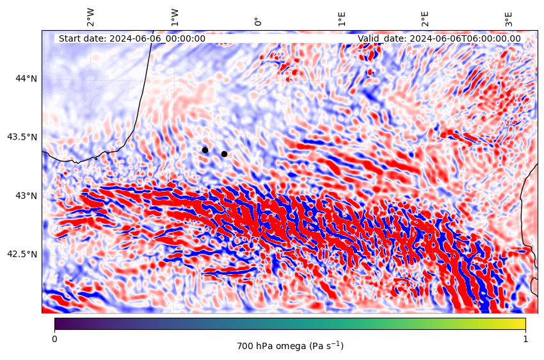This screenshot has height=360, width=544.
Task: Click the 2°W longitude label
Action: click(90, 18)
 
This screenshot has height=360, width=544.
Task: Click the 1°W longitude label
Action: click(175, 18)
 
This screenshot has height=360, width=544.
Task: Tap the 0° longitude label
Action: click(258, 22)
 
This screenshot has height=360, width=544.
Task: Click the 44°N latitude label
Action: click(26, 78)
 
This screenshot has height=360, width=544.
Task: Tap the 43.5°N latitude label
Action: click(22, 137)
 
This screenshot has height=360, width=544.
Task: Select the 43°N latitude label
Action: click(26, 196)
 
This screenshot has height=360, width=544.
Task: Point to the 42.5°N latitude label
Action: click(22, 254)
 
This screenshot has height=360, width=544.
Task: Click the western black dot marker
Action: click(205, 151)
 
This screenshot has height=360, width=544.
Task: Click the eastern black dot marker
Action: click(224, 154)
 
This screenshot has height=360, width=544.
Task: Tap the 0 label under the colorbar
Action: click(54, 339)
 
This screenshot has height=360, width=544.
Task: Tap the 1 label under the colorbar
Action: click(525, 339)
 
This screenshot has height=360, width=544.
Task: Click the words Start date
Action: click(82, 38)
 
